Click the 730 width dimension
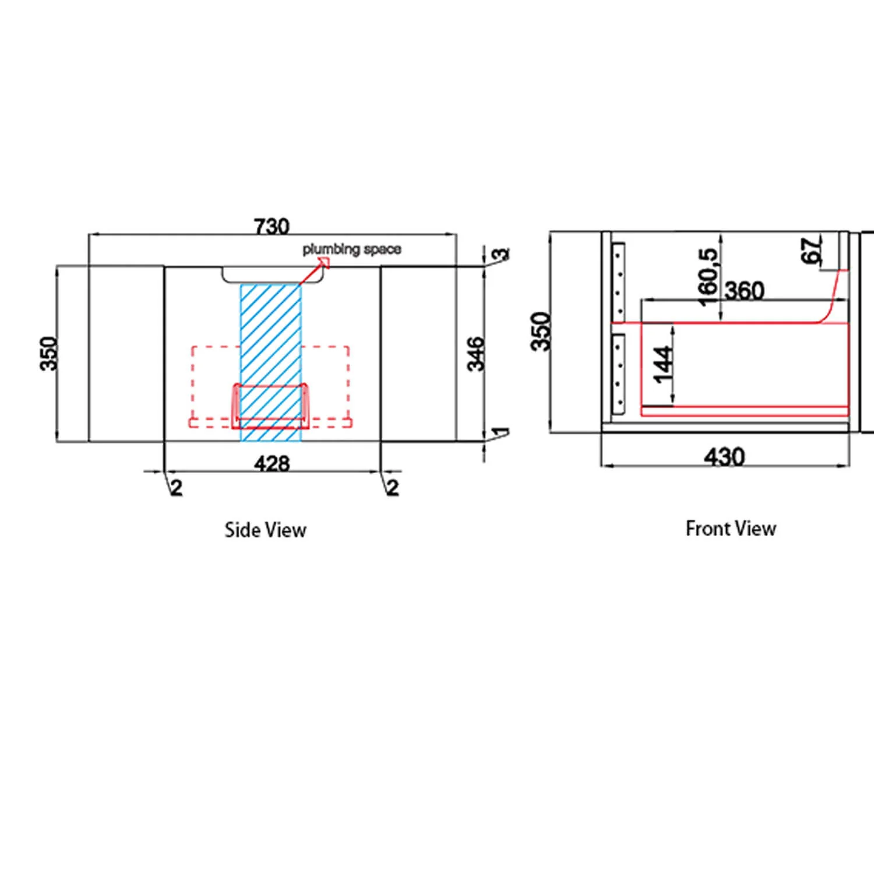(272, 225)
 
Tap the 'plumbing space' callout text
(352, 249)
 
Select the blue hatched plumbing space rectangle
(271, 362)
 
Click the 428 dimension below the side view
(272, 463)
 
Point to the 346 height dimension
(476, 353)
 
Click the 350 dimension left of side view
(49, 353)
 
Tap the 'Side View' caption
(266, 530)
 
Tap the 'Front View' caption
(731, 528)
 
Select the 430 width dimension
(724, 456)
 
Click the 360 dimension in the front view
(744, 290)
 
